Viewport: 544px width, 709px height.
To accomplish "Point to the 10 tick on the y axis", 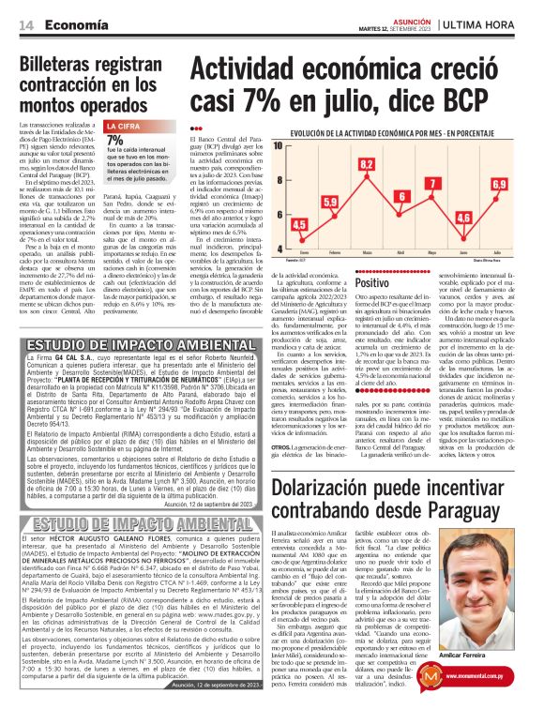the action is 278,146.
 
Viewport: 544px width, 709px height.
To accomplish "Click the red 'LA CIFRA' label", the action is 124,126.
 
